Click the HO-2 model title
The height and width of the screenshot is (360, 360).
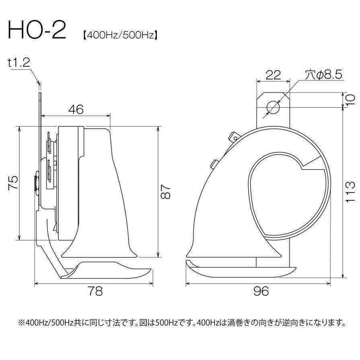[37, 30]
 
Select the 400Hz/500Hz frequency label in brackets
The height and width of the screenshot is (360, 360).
[120, 35]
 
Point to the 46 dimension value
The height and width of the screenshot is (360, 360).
[76, 109]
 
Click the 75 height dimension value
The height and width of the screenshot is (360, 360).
[13, 183]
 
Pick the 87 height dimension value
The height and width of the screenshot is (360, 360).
[166, 192]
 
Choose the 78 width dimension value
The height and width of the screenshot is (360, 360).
[95, 291]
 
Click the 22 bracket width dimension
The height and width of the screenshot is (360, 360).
[273, 75]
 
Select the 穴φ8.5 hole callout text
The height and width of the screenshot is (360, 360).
[323, 75]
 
